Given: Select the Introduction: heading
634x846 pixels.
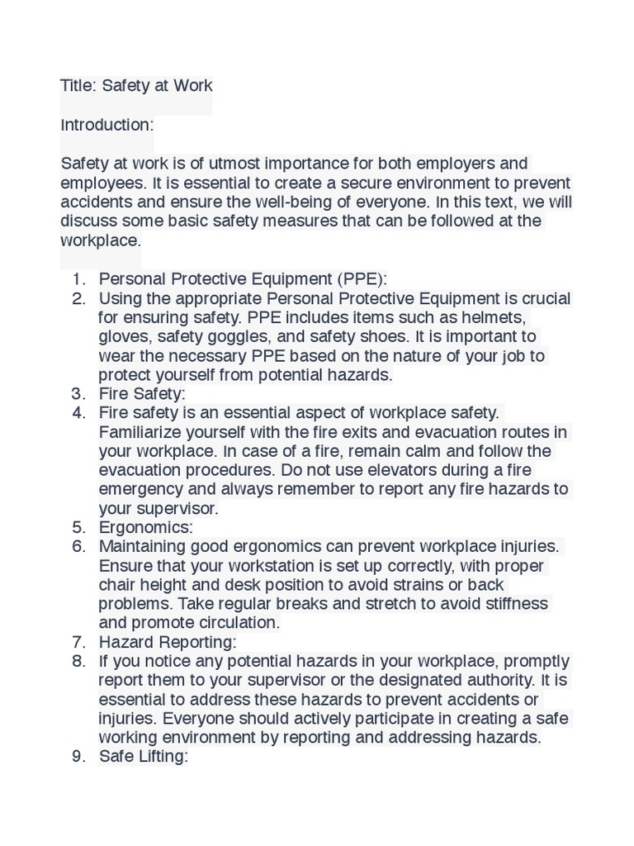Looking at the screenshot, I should [107, 126].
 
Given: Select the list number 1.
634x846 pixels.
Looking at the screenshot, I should [79, 279].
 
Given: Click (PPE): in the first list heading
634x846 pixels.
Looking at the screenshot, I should [361, 279].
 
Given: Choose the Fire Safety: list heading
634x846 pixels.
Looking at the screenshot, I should [142, 394].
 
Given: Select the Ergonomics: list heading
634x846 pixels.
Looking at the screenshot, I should [145, 527].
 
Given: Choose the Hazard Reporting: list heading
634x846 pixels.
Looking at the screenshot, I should [168, 642].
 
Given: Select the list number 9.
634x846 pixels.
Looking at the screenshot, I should [79, 757].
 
